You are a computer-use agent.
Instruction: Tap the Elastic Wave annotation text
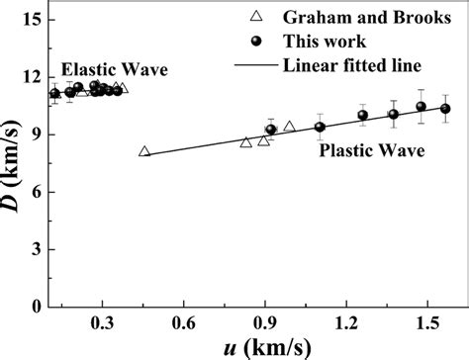pos(115,70)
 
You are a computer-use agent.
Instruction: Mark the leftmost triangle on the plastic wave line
pos(144,151)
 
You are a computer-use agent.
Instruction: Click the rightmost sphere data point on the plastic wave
pos(445,108)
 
